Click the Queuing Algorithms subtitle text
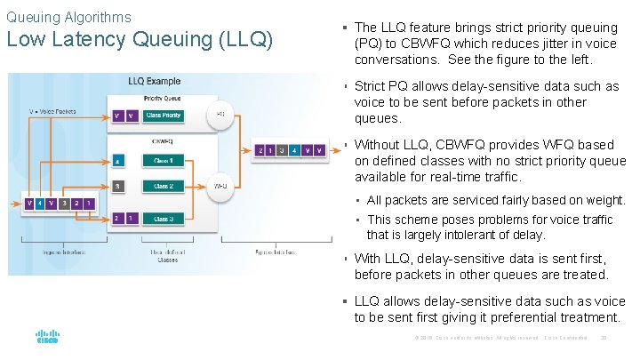[x=68, y=17]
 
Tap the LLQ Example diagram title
[x=154, y=82]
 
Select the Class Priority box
[x=164, y=116]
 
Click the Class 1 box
[x=164, y=161]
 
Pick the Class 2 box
[x=164, y=187]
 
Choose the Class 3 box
[x=164, y=219]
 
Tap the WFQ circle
[x=220, y=187]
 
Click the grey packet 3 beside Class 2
[x=118, y=187]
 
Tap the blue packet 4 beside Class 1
[x=118, y=161]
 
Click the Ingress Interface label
[x=63, y=252]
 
